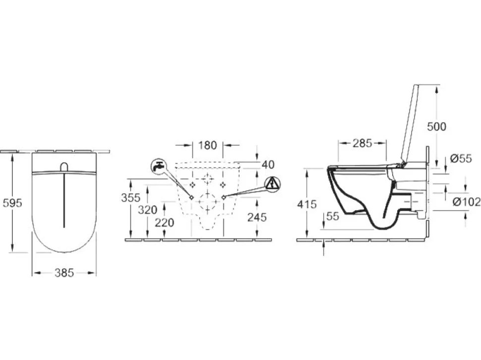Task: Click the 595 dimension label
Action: point(12,203)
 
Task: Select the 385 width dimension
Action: point(64,273)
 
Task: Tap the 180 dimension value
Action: point(207,145)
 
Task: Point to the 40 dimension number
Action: point(268,165)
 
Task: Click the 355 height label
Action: point(131,198)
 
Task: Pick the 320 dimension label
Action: point(147,210)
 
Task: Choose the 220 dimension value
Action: point(165,223)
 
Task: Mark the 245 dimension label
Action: point(257,217)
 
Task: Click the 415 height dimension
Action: point(307,204)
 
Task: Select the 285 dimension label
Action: point(362,143)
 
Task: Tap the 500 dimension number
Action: point(436,126)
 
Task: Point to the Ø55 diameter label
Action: point(461,158)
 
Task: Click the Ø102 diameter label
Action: point(467,202)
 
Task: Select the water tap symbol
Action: point(159,167)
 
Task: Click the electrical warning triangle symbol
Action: point(272,184)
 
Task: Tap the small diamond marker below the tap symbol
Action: point(192,197)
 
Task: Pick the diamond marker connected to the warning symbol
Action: point(224,197)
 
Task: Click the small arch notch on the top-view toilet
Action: point(64,167)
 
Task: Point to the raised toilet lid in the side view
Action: point(410,124)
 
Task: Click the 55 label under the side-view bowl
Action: point(333,216)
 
